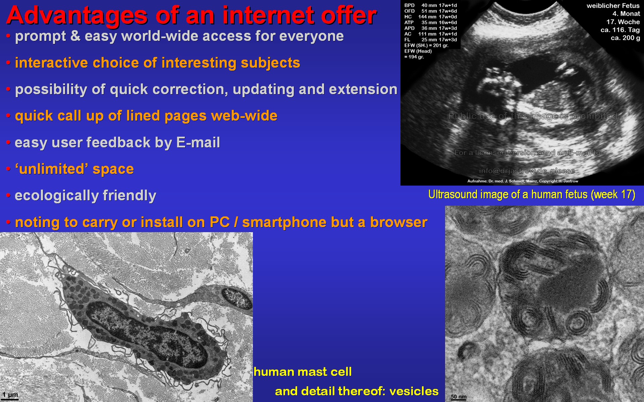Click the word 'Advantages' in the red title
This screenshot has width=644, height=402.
[x=77, y=16]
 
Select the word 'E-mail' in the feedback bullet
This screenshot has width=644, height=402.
[x=198, y=142]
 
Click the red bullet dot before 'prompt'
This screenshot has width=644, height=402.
[x=8, y=36]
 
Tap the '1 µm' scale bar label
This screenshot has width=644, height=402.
[x=10, y=395]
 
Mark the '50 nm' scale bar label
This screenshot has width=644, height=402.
[x=459, y=397]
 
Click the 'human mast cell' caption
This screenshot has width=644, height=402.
[x=303, y=372]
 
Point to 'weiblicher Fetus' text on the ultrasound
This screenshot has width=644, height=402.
[x=613, y=6]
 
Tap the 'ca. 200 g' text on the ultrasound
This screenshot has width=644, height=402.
[x=625, y=38]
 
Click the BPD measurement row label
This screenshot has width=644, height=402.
[x=409, y=5]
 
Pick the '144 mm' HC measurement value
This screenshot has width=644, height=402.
[x=427, y=17]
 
